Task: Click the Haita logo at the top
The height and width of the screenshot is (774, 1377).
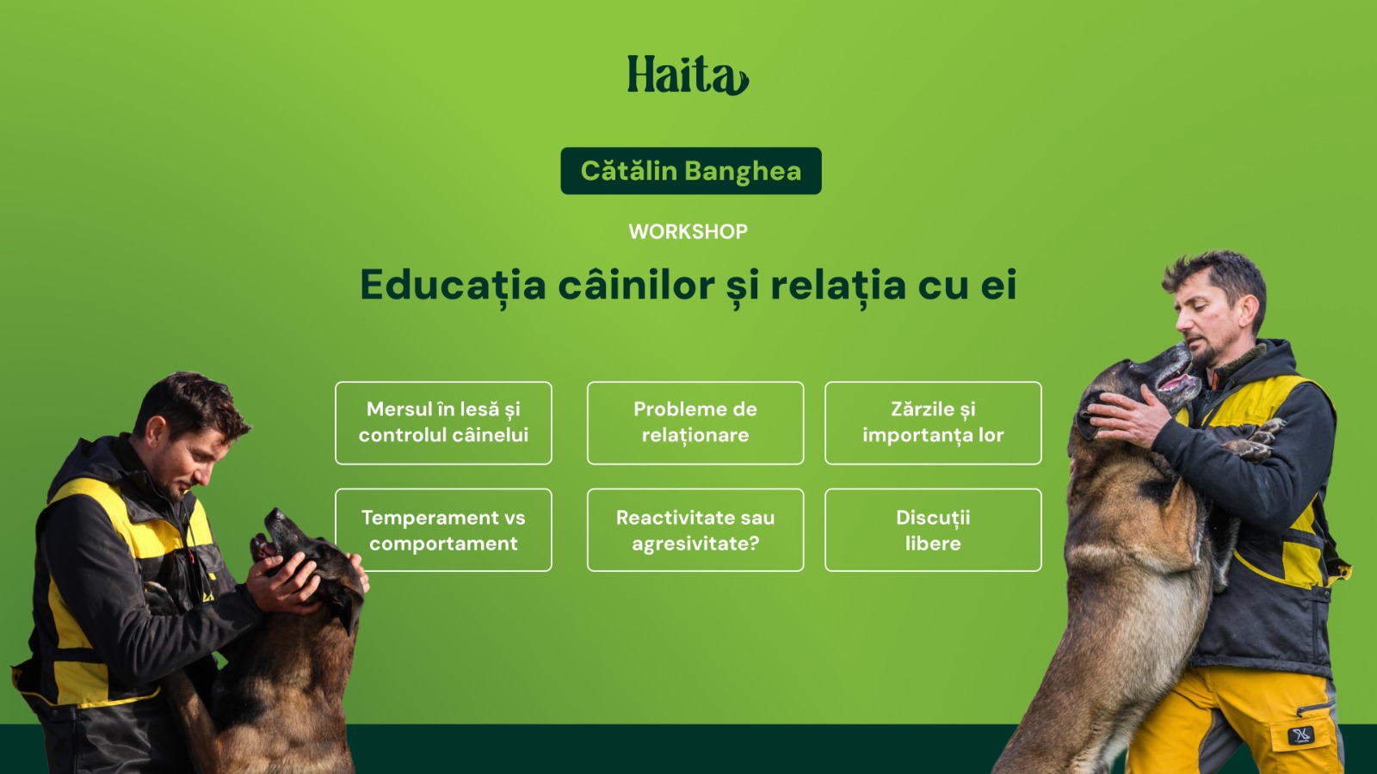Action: point(688,76)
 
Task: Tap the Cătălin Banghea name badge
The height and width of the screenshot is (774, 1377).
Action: point(690,171)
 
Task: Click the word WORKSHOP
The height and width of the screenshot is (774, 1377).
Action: point(688,231)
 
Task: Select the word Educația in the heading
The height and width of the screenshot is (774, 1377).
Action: point(453,286)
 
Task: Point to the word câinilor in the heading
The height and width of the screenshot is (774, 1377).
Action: point(636,286)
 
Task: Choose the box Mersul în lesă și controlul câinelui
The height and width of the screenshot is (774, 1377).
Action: point(443,422)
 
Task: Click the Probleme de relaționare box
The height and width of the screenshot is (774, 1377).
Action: point(695,422)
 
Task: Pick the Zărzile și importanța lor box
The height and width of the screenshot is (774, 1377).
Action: point(933,422)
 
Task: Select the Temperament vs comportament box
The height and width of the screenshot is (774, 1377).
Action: point(443,530)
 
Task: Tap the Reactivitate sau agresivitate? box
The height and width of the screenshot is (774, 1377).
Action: point(695,530)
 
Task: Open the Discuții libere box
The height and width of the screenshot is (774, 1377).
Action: point(933,530)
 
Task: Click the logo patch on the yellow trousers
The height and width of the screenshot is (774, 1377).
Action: point(1300,735)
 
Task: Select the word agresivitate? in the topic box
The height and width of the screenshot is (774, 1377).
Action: point(695,544)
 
